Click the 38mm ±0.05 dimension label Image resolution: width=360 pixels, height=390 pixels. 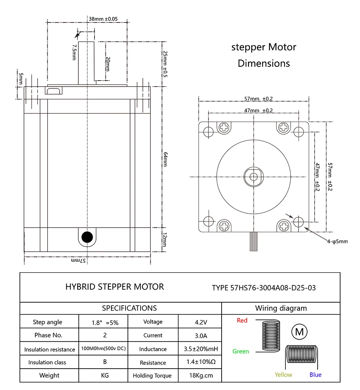[103, 19]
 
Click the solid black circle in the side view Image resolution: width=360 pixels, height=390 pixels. [87, 237]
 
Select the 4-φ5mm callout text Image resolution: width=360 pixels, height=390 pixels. [337, 241]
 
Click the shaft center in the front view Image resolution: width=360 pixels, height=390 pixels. [253, 176]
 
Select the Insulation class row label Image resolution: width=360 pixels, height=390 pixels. [47, 362]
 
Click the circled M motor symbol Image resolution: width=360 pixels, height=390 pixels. [299, 332]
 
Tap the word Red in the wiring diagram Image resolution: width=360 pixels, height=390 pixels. [242, 321]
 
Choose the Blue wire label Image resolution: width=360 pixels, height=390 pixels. [315, 375]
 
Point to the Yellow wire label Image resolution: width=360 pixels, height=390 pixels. [283, 375]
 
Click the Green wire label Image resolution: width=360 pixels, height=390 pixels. [241, 351]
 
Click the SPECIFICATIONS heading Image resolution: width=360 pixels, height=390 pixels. [129, 308]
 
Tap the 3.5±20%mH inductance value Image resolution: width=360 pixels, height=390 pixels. [201, 349]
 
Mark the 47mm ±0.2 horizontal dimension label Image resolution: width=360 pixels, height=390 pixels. [258, 111]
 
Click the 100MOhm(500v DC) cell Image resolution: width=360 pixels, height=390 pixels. [103, 349]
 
